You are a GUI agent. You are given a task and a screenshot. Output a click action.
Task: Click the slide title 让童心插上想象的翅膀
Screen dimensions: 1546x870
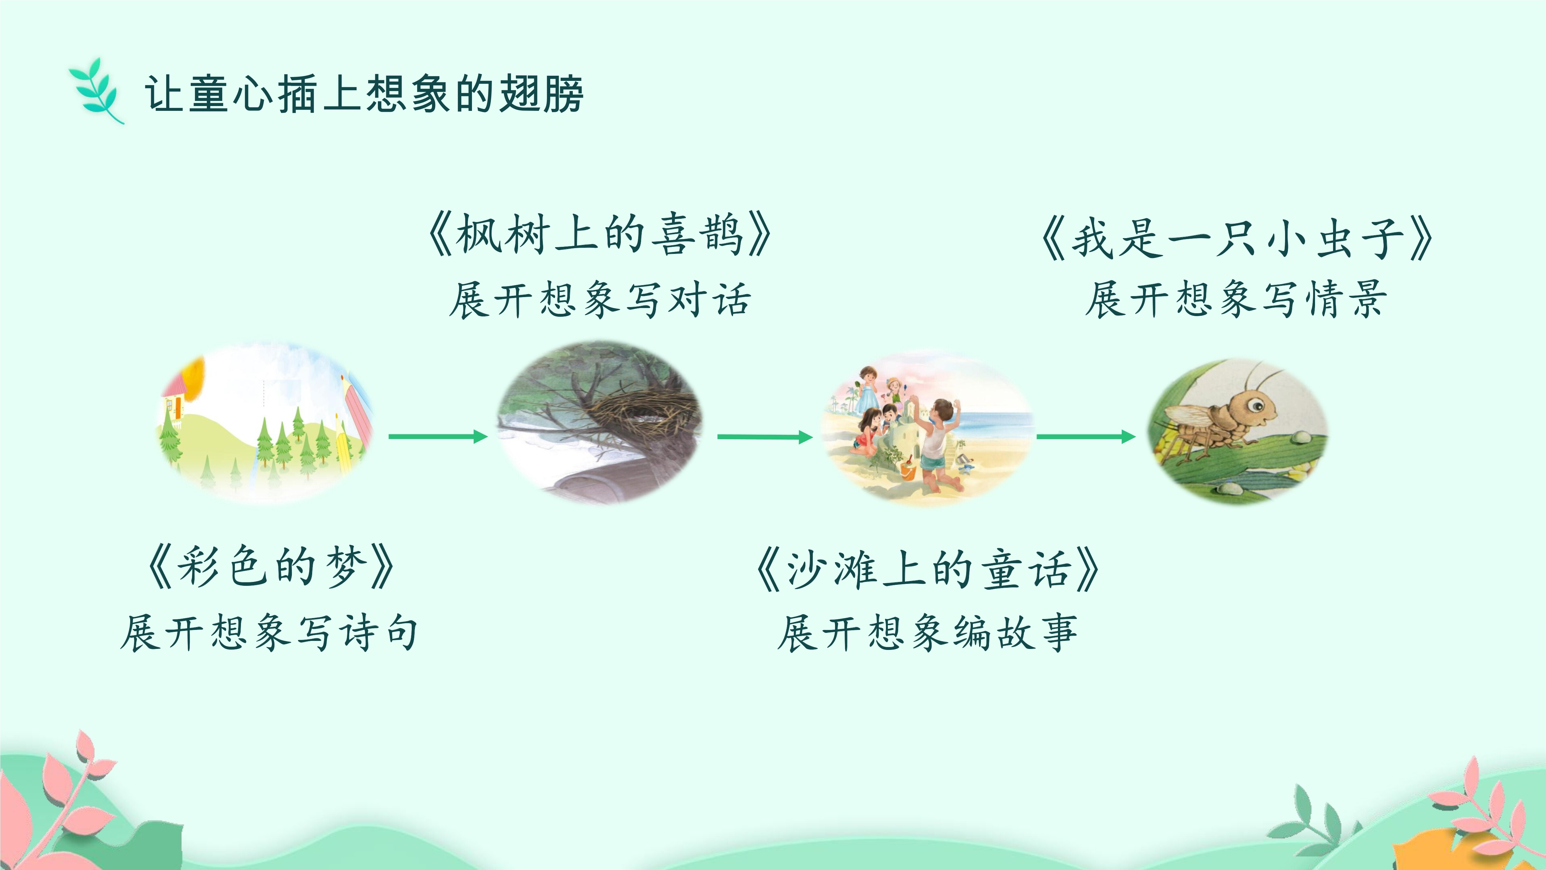[x=364, y=94]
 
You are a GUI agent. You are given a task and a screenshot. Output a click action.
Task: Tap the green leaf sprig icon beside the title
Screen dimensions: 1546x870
[x=96, y=91]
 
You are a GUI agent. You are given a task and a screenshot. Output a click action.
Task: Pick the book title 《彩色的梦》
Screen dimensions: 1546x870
[x=270, y=567]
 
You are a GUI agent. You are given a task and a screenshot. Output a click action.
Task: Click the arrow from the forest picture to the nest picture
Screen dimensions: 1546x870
[x=438, y=437]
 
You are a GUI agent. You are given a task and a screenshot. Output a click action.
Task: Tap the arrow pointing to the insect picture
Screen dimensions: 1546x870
[x=1086, y=437]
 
